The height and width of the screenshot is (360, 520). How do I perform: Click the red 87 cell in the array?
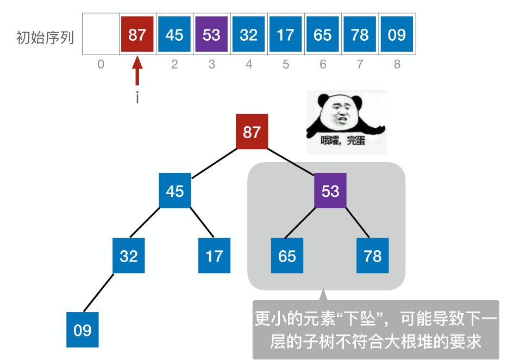tap(137, 35)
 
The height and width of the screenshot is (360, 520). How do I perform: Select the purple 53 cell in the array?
tap(211, 35)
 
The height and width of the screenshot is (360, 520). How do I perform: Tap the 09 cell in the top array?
tap(397, 35)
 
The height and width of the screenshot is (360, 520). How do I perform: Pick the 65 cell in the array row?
tap(323, 35)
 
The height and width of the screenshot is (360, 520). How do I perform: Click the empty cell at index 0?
tap(101, 35)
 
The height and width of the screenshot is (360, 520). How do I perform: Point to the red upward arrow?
tap(137, 73)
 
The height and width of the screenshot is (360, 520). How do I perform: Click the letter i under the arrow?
tap(137, 99)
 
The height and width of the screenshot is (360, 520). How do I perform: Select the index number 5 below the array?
tap(286, 65)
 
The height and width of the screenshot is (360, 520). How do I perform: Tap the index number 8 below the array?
tap(397, 65)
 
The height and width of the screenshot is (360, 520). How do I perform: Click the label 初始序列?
tap(45, 38)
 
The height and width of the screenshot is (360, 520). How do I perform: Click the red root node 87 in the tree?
tap(252, 132)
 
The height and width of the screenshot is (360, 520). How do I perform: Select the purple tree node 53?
tap(330, 191)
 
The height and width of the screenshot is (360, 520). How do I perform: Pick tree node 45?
tap(175, 191)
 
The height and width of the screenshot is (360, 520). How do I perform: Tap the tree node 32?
tap(129, 256)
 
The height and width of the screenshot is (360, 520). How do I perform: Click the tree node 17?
tap(214, 256)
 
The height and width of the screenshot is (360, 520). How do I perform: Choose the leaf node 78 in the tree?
tap(373, 256)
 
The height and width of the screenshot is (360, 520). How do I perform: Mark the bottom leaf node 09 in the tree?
tap(83, 330)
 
